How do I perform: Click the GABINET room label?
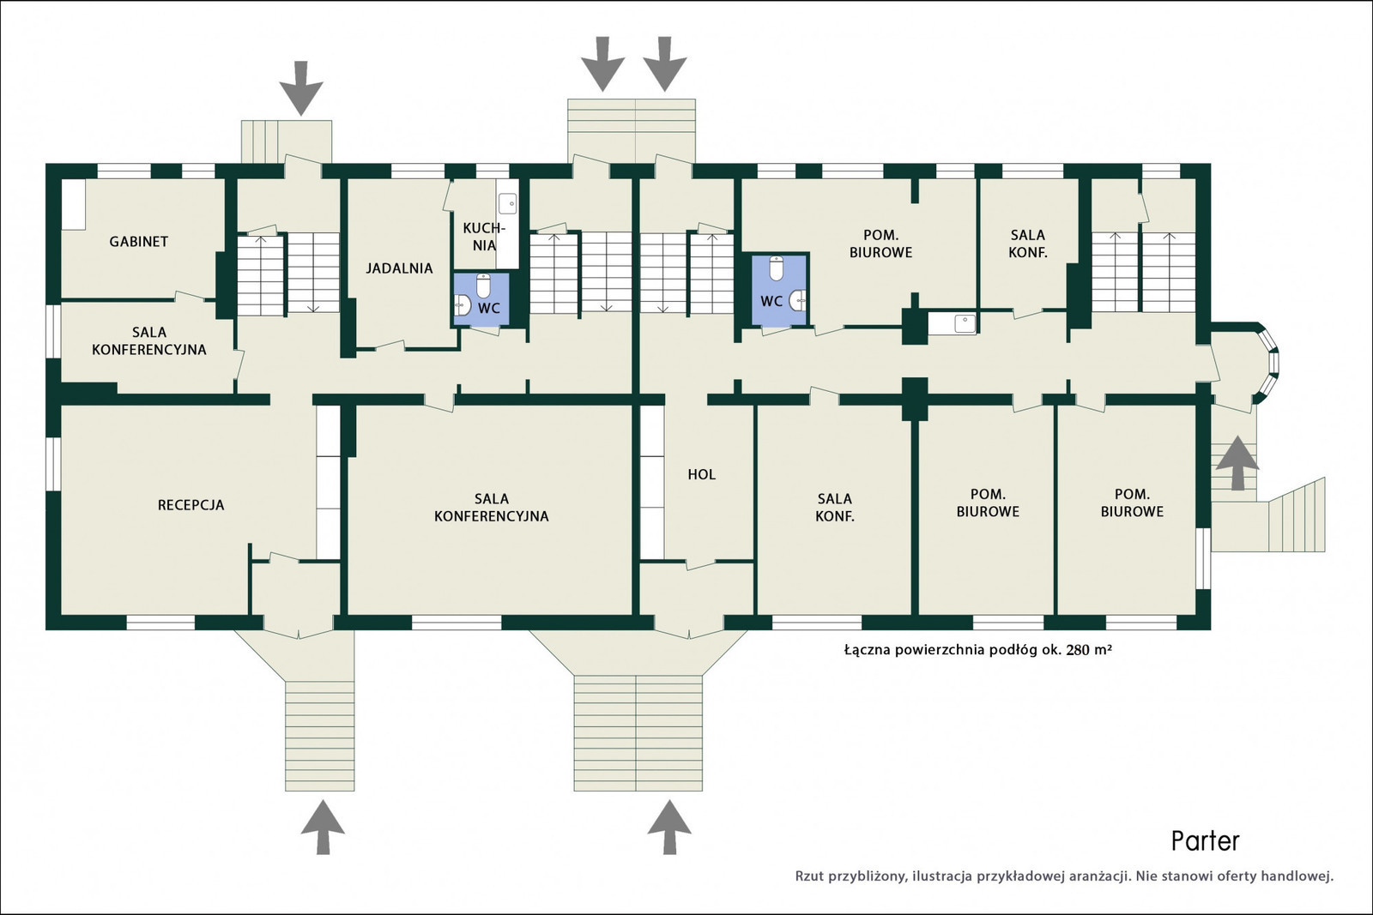coord(138,241)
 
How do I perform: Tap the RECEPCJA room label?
coord(191,504)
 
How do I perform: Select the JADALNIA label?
coord(399,268)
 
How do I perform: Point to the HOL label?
coord(701,474)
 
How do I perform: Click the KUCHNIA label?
coord(484,237)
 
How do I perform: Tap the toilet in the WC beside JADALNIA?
coord(484,286)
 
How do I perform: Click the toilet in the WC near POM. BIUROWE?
coord(776,268)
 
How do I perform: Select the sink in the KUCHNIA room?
coord(507,203)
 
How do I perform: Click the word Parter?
coord(1205,841)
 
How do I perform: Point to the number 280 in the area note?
coord(1078,650)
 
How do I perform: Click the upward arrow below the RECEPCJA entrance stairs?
coord(323,826)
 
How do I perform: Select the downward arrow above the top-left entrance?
coord(300,88)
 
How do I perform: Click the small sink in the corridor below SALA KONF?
coord(965,322)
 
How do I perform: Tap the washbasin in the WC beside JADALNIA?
coord(463,304)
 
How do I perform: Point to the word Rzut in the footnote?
coord(809,876)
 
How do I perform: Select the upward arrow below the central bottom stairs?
coord(669,826)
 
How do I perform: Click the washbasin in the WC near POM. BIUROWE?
coord(797,300)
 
